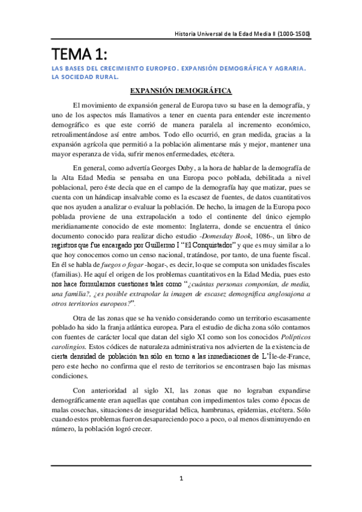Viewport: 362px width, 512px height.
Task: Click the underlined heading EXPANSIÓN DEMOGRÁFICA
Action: pyautogui.click(x=181, y=91)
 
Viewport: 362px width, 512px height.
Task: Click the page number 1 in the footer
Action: pyautogui.click(x=181, y=479)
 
